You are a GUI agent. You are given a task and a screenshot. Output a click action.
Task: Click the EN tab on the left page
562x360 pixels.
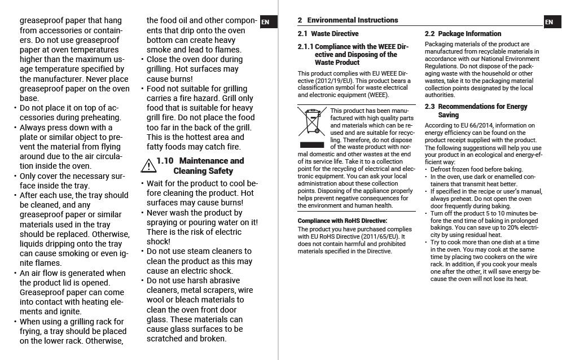265,23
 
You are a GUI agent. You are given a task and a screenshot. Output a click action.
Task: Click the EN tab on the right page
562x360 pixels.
549,23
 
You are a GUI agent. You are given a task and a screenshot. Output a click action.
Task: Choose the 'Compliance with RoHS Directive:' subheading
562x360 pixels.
343,221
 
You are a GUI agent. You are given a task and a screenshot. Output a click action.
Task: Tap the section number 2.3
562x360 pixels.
429,107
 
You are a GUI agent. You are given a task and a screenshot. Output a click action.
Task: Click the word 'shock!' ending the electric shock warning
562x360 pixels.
158,242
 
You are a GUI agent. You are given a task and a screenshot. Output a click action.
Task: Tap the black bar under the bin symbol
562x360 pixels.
313,145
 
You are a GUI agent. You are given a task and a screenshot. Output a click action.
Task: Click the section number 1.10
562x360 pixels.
165,161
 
